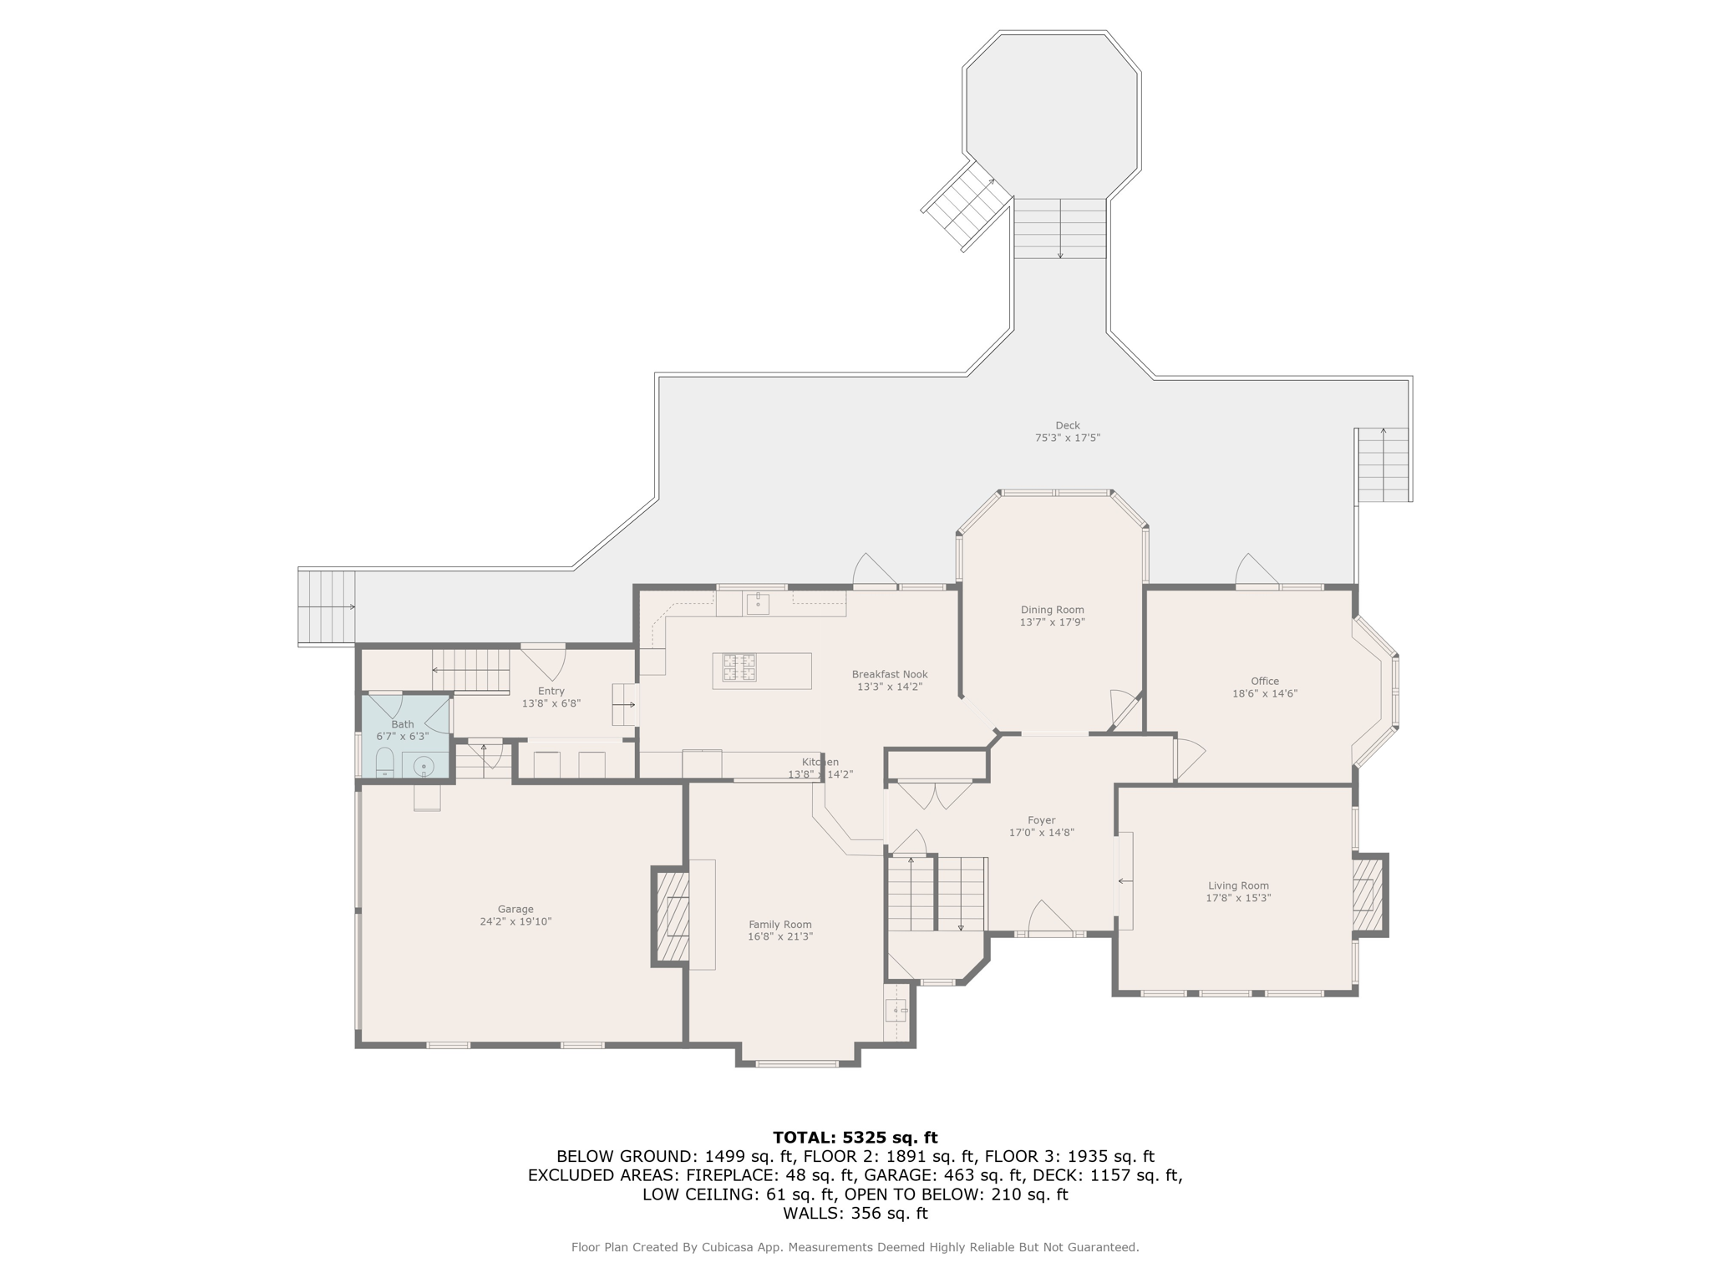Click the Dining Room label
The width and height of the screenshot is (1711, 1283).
pyautogui.click(x=1052, y=610)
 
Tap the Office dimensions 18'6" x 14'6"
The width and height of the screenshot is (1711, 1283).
pyautogui.click(x=1264, y=693)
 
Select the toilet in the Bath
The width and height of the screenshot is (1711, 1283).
pyautogui.click(x=384, y=762)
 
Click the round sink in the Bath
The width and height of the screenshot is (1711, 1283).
pyautogui.click(x=424, y=765)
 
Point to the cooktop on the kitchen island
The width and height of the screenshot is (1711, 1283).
pyautogui.click(x=739, y=667)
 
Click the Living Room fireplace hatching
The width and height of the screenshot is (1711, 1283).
pyautogui.click(x=1363, y=895)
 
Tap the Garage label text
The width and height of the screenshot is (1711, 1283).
pyautogui.click(x=515, y=909)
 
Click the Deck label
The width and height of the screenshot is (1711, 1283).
pyautogui.click(x=1067, y=425)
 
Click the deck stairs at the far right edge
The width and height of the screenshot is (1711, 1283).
pyautogui.click(x=1383, y=464)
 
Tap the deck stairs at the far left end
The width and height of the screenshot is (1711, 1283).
pyautogui.click(x=327, y=607)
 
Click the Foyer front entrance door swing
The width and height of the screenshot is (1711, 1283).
pyautogui.click(x=1049, y=919)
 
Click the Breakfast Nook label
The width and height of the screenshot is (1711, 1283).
pyautogui.click(x=889, y=674)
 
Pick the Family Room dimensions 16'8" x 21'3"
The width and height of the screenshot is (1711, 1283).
pyautogui.click(x=779, y=936)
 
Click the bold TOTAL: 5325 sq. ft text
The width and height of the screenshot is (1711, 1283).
pyautogui.click(x=855, y=1137)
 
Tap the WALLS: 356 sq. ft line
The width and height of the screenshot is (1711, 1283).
pyautogui.click(x=855, y=1213)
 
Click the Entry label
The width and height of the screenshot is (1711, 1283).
pyautogui.click(x=551, y=691)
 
